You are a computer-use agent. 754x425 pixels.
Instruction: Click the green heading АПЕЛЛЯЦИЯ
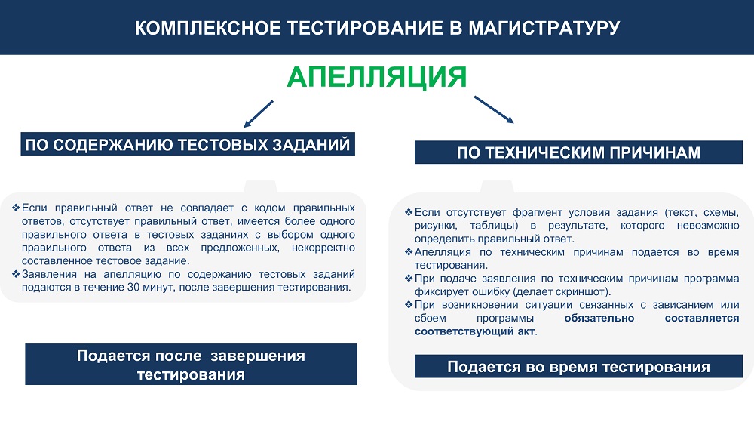(376, 77)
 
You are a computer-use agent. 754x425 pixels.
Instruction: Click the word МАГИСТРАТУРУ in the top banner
(544, 28)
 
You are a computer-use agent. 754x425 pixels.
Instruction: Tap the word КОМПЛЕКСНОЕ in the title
(208, 28)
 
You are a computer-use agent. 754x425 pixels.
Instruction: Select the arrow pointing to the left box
(258, 114)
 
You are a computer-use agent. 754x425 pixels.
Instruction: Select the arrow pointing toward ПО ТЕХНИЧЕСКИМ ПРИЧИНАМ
(494, 109)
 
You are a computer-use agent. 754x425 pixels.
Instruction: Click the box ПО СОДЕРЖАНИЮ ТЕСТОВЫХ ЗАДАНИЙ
(188, 144)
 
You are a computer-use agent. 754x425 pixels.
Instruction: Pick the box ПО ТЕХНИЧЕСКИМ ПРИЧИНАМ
(578, 152)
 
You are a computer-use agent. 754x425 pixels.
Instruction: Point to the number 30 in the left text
(133, 288)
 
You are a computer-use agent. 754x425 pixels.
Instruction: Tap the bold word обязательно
(599, 318)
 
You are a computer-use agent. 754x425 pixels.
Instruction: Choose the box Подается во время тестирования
(578, 366)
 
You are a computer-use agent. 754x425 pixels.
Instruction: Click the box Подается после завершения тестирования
(191, 365)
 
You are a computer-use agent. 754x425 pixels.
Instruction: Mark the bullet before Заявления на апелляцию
(16, 274)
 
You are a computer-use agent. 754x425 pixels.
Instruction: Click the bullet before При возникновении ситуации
(409, 305)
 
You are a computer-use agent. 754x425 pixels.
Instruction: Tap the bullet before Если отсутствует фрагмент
(409, 212)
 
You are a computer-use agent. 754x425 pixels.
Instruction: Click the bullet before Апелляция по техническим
(409, 251)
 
